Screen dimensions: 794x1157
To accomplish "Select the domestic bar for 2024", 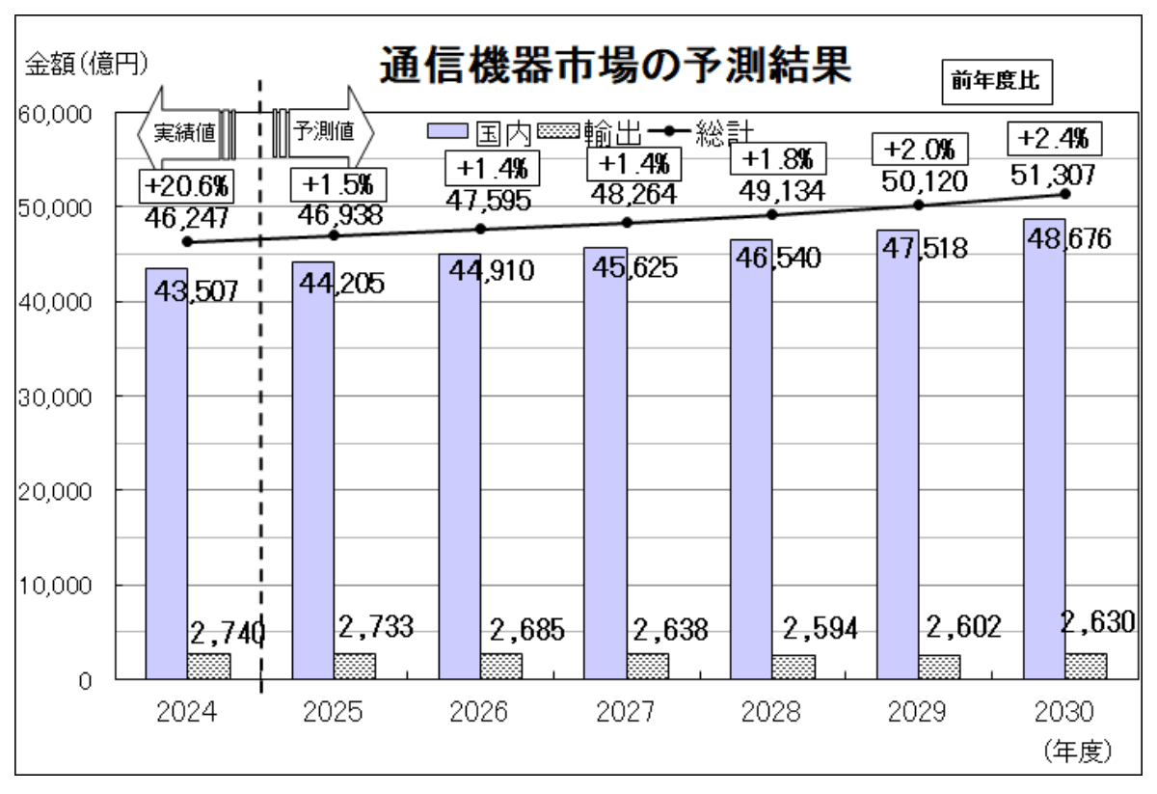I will pyautogui.click(x=166, y=473).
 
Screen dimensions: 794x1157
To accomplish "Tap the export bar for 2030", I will pyautogui.click(x=1086, y=666).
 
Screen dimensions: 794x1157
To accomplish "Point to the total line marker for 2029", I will pyautogui.click(x=918, y=205).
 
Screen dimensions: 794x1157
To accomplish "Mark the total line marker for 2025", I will pyautogui.click(x=335, y=234).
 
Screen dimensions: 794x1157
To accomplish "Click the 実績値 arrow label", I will pyautogui.click(x=185, y=132).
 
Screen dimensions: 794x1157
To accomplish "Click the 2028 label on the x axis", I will pyautogui.click(x=771, y=714).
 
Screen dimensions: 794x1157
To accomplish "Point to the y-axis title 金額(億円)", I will pyautogui.click(x=84, y=65).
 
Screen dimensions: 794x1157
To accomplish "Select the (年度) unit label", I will pyautogui.click(x=1078, y=750).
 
